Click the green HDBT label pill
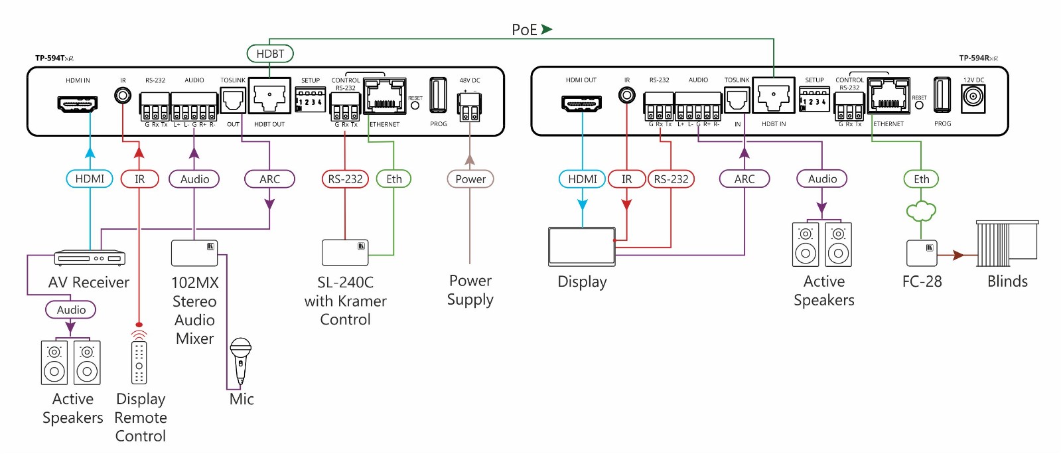click(x=270, y=54)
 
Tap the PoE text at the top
click(x=524, y=30)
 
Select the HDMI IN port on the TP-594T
click(x=78, y=104)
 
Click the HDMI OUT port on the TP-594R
click(x=581, y=104)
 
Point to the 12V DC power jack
click(x=973, y=98)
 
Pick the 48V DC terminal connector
click(x=470, y=106)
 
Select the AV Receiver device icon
click(x=90, y=258)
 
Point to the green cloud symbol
click(x=921, y=212)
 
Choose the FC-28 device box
click(x=922, y=254)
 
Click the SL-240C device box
click(x=345, y=252)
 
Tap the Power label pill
click(x=470, y=179)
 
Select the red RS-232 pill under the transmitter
click(x=345, y=179)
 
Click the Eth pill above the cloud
click(x=921, y=179)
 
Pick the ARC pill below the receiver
click(x=744, y=179)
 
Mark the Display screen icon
click(x=582, y=246)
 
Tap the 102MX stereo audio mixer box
click(x=194, y=253)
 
